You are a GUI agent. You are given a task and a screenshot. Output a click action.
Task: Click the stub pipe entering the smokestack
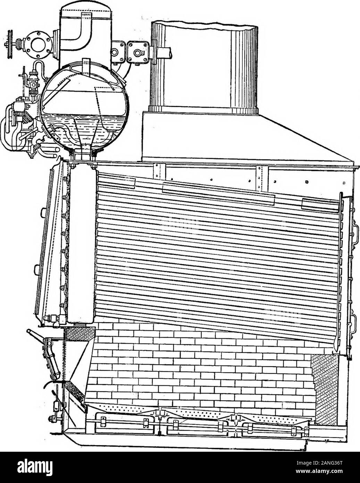[x=164, y=54]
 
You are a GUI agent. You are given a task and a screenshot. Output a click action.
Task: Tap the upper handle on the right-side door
[x=354, y=236]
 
